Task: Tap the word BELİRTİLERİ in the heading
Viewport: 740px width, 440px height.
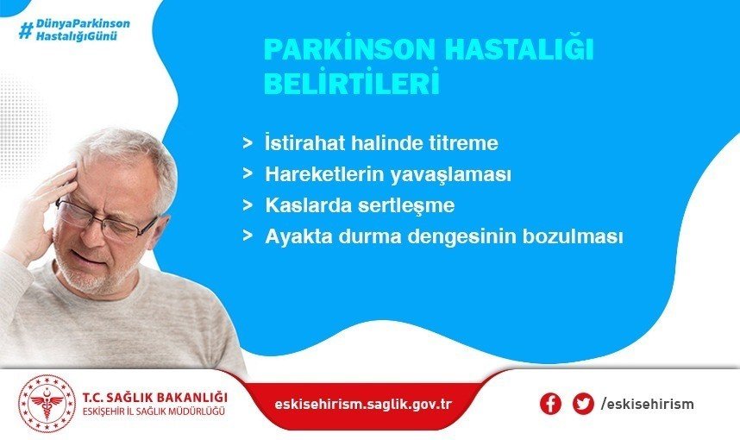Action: point(351,84)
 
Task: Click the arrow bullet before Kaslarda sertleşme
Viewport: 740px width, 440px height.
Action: point(248,206)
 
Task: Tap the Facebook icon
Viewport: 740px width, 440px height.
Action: point(550,404)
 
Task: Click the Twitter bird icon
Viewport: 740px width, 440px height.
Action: point(583,404)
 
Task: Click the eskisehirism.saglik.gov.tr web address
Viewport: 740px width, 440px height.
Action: point(362,404)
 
